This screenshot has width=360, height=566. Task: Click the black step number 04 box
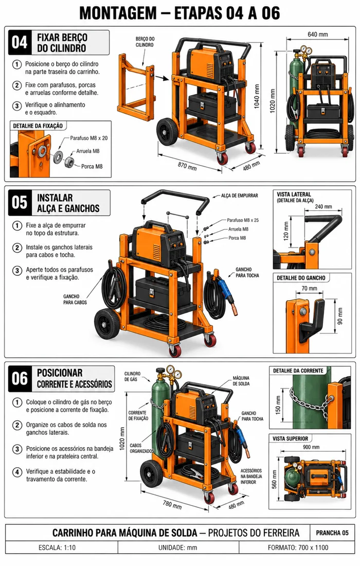pos(20,43)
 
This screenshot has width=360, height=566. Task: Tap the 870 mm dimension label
pos(187,167)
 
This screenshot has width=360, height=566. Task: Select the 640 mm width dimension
pos(317,34)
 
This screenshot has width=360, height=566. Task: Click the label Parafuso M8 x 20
pos(89,138)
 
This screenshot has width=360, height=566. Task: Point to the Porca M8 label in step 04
pos(92,166)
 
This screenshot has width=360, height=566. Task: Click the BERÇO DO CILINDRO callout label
pos(145,42)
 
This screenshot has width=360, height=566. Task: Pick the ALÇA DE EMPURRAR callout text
pos(240,196)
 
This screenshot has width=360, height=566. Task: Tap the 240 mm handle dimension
pos(323,206)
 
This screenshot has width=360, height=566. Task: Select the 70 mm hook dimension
pos(310,289)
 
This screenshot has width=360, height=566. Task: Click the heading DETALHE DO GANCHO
pos(301,278)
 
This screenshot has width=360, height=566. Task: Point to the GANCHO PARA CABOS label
pos(75,299)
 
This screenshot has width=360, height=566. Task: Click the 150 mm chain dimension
pos(278,405)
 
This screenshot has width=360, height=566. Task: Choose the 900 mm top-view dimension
pos(311,447)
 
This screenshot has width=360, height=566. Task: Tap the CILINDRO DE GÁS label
pos(132,377)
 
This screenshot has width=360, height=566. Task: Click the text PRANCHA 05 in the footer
pos(332,533)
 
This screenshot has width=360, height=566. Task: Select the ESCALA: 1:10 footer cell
pos(57,547)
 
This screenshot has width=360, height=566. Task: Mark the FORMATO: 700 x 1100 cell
pos(298,547)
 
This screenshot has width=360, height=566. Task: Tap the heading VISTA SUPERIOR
pos(291,438)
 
